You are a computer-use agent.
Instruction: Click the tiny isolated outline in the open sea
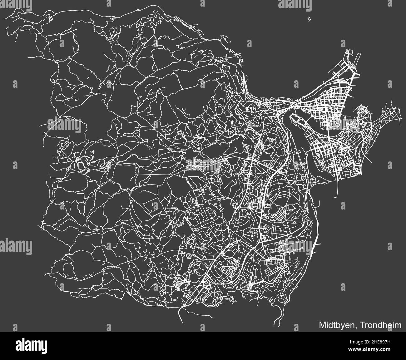(x=309, y=19)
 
